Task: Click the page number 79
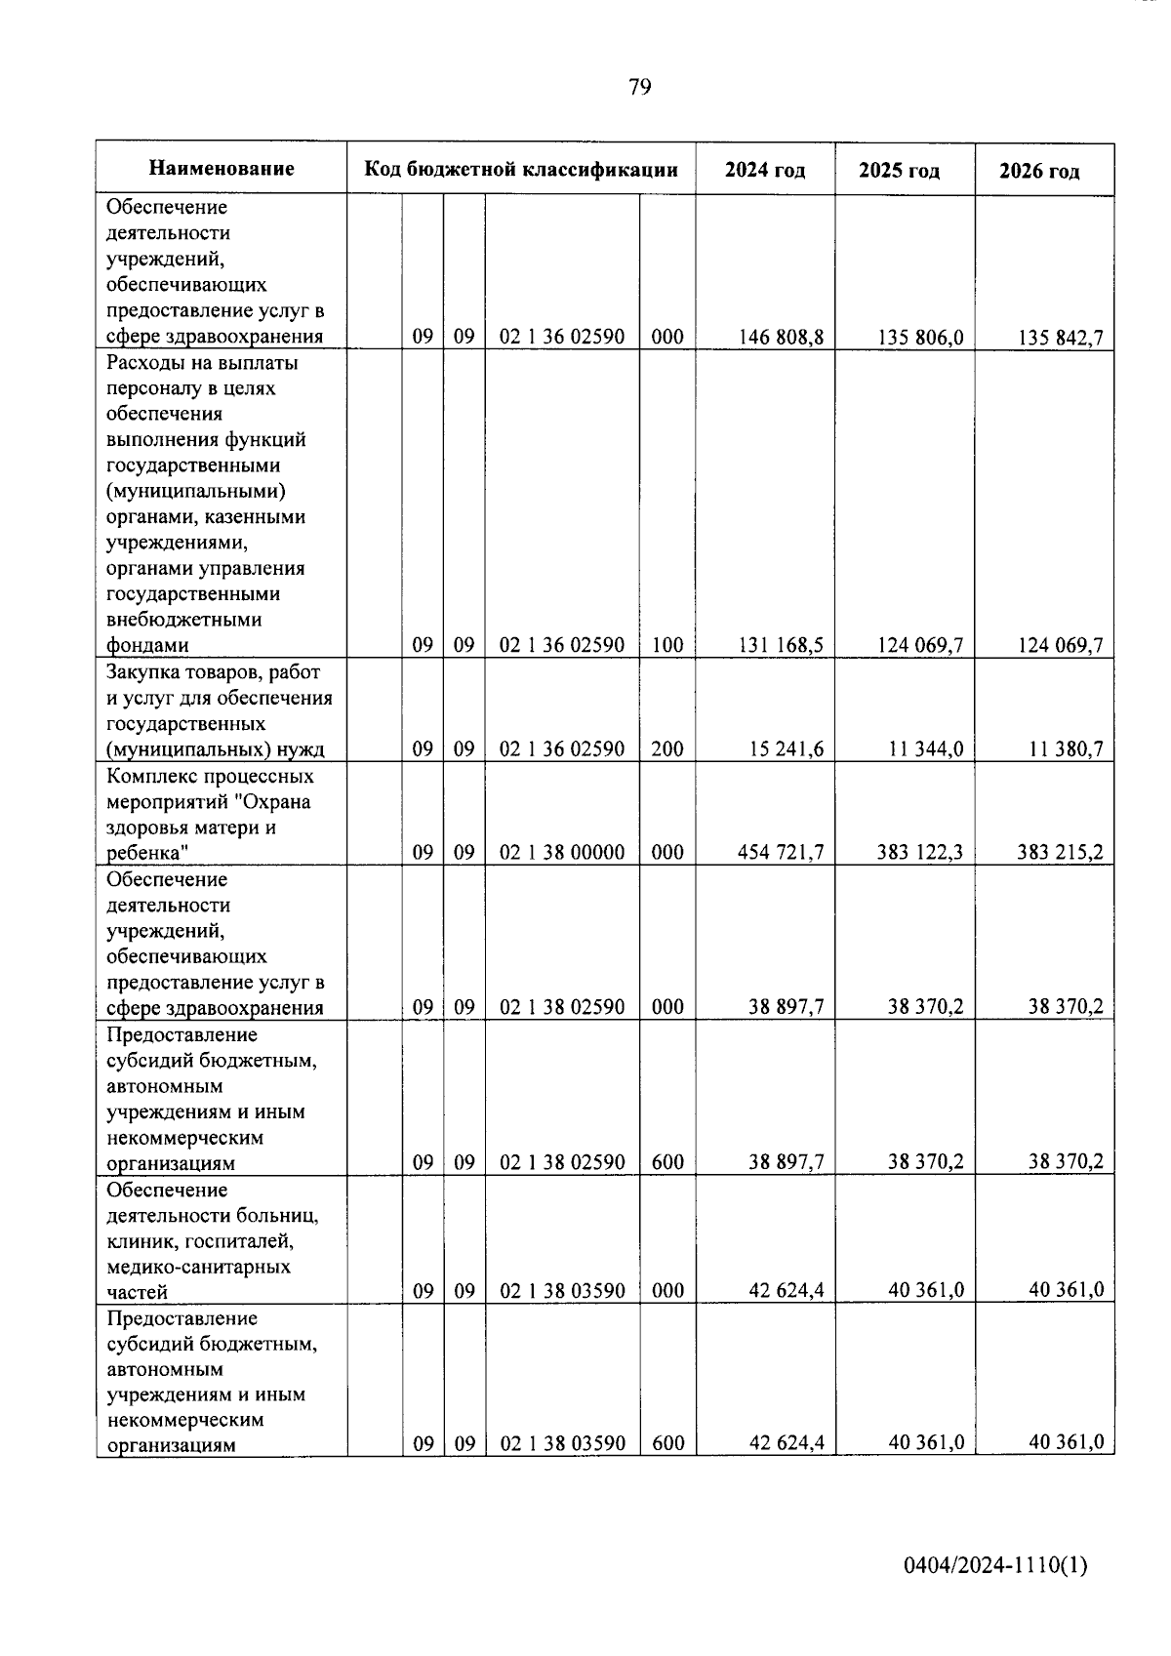(x=640, y=87)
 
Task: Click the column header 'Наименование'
(x=222, y=169)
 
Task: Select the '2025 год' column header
(x=899, y=171)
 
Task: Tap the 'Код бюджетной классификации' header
(x=521, y=169)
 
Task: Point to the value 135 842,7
(x=1060, y=339)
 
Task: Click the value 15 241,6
(x=787, y=748)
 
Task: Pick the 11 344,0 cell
(x=926, y=748)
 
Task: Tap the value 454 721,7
(x=781, y=852)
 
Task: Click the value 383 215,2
(x=1060, y=852)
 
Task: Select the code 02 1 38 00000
(x=562, y=852)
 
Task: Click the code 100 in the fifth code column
(x=667, y=645)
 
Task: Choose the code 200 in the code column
(x=667, y=748)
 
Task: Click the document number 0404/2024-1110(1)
(x=995, y=1566)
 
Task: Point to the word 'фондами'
(x=147, y=645)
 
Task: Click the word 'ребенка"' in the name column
(x=147, y=853)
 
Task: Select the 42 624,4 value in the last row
(x=787, y=1442)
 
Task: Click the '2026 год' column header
(x=1039, y=172)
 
